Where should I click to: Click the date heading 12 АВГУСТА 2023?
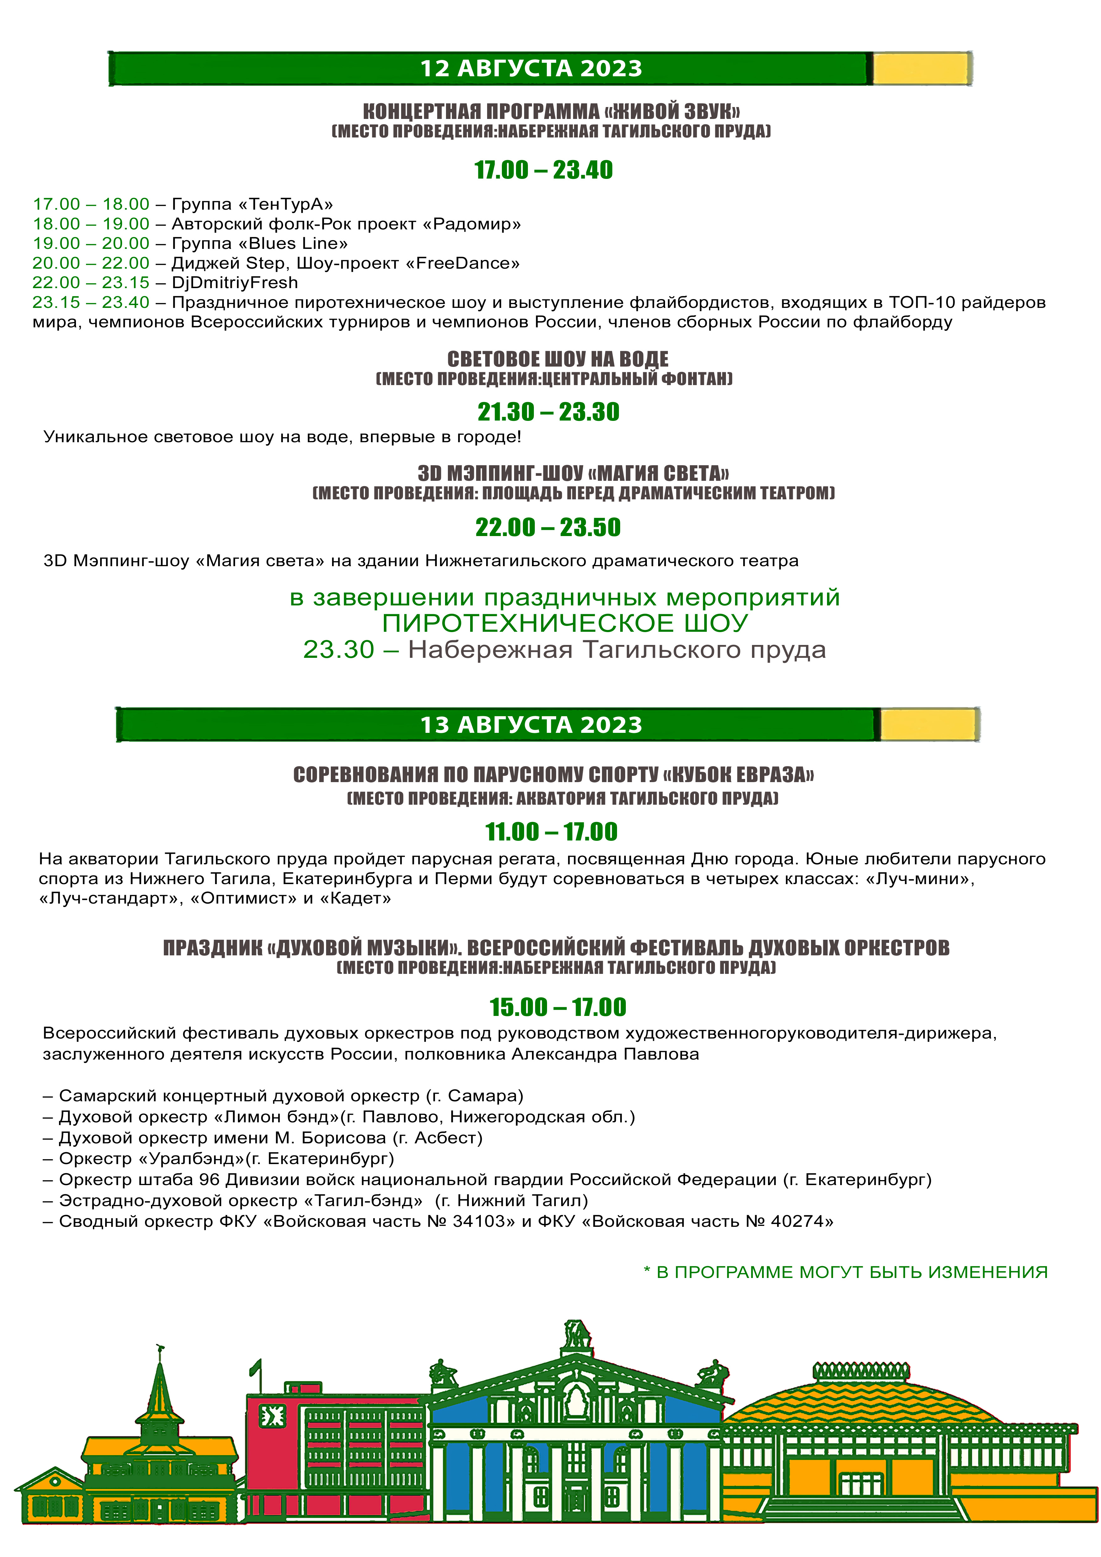click(x=531, y=68)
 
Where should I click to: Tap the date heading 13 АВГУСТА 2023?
click(x=531, y=725)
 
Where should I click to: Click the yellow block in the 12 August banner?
click(x=920, y=68)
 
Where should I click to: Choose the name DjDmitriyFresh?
click(x=234, y=283)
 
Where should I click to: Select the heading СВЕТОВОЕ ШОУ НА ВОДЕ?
click(x=557, y=359)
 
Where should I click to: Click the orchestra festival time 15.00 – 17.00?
click(x=557, y=1007)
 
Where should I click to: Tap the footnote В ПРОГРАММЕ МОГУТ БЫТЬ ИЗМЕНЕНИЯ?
click(x=851, y=1272)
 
